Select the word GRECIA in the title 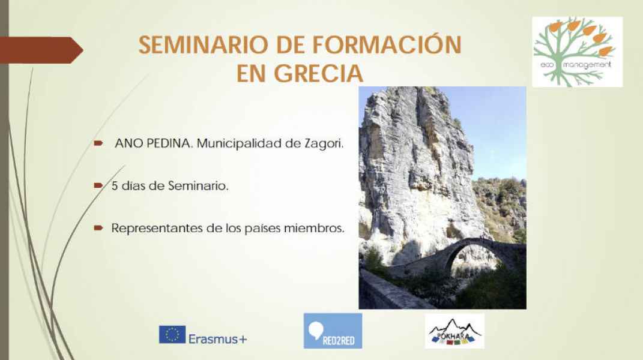coord(318,73)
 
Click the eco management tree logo coord(577,52)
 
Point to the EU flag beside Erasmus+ coord(172,334)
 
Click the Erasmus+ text coord(218,339)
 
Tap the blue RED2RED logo coord(333,331)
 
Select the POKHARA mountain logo coord(454,331)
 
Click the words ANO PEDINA coord(152,143)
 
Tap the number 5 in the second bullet coord(115,186)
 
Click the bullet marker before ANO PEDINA coord(98,143)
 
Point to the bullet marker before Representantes coord(98,227)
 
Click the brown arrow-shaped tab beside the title coord(41,50)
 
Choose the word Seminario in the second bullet coord(198,186)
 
